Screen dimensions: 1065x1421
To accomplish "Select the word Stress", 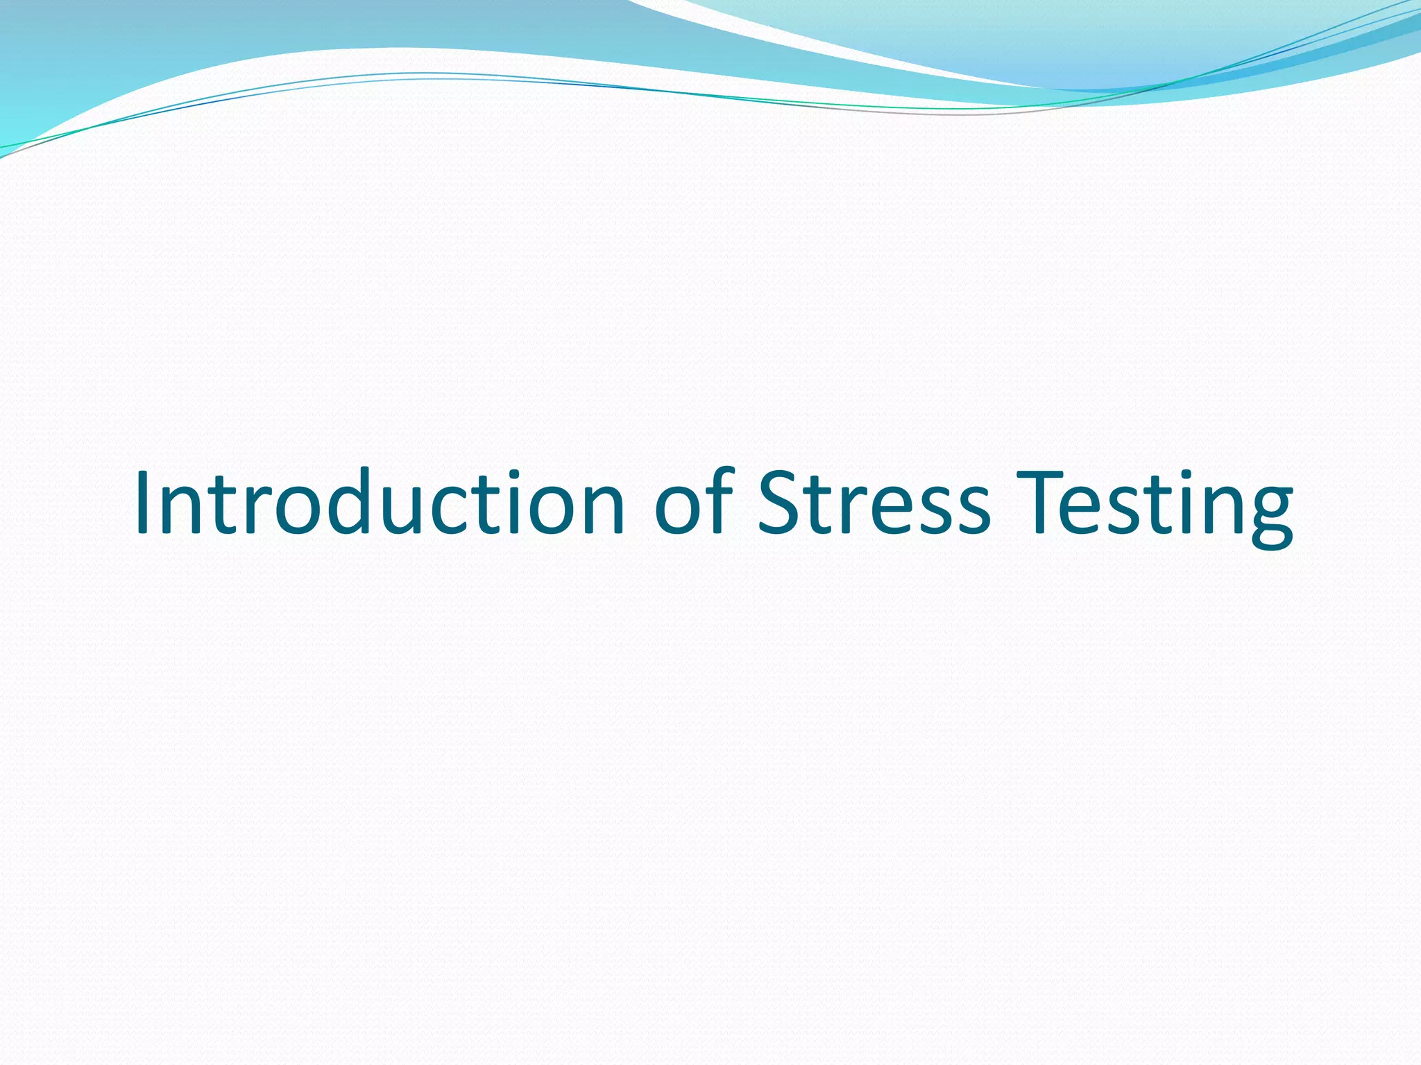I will pos(874,502).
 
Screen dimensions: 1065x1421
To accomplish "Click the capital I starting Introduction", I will pos(143,502).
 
